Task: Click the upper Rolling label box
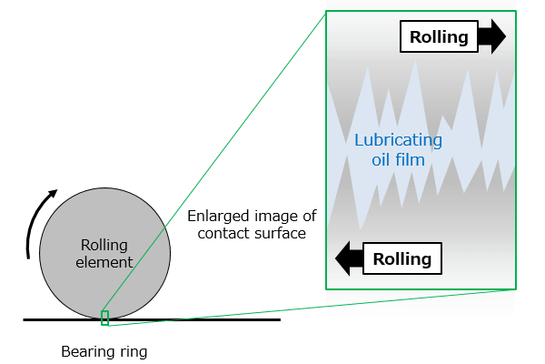(439, 36)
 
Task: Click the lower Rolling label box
(402, 258)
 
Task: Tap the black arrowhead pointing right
(498, 36)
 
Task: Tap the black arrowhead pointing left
(342, 258)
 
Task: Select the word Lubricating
(399, 140)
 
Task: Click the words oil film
(399, 160)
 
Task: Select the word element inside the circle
(104, 262)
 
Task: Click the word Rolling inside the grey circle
(104, 245)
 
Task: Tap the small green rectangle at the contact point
(104, 318)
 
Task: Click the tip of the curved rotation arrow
(57, 190)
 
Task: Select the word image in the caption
(272, 217)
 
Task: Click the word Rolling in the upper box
(439, 37)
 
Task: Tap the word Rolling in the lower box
(402, 258)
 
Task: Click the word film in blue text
(411, 160)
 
